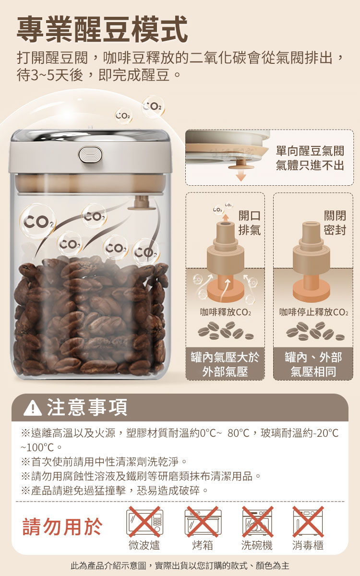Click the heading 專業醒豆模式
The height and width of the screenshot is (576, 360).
pos(102,29)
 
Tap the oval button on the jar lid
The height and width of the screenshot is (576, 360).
pos(90,155)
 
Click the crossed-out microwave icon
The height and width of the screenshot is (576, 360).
pos(144,522)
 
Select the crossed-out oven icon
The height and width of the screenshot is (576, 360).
pos(203,522)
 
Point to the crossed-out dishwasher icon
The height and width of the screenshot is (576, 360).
pos(257,522)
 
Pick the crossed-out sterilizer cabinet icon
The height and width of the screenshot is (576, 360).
pos(308,522)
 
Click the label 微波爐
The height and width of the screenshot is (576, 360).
pos(144,545)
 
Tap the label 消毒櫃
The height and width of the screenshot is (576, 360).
pos(308,545)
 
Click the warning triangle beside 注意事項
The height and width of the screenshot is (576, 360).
pos(33,408)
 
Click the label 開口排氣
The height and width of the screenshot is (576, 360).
pos(250,223)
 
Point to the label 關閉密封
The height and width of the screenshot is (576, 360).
pos(335,223)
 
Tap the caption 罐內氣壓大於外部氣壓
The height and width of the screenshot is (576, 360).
pos(225,364)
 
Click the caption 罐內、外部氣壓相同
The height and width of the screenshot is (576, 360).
pos(313,364)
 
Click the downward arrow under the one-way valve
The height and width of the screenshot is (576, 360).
pos(241,176)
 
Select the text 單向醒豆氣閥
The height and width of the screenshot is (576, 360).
pos(310,151)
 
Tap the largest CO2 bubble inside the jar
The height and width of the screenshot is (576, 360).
pos(38,222)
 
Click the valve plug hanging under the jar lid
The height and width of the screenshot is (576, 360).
pos(142,203)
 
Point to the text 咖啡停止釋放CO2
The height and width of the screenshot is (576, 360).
pos(314,312)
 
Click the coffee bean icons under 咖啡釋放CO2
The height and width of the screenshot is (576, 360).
pos(226,330)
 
